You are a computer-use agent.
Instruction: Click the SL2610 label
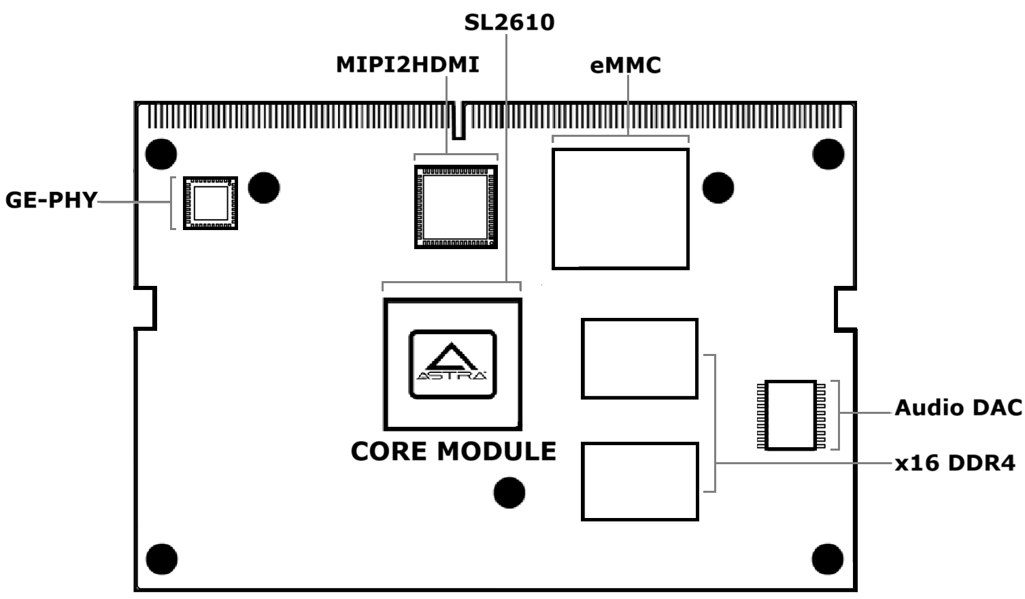tap(509, 22)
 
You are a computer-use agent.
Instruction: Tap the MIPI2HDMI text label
tap(407, 65)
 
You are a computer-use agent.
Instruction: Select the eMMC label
tap(625, 65)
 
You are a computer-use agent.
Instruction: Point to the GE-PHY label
tap(51, 200)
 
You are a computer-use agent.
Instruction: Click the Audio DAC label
tap(958, 408)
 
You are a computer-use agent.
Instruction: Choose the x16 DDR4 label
tap(954, 464)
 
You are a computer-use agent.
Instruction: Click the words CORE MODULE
tap(453, 451)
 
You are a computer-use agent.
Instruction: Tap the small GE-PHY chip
tap(211, 203)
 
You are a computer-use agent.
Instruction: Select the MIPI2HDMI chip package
tap(456, 207)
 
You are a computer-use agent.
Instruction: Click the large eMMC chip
tap(620, 209)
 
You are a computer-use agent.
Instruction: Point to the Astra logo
tap(452, 364)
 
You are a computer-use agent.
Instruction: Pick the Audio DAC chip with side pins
tap(791, 415)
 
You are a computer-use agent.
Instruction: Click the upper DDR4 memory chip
tap(639, 359)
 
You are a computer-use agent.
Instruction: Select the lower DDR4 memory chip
tap(639, 482)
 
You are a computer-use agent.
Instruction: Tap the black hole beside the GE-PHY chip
tap(264, 187)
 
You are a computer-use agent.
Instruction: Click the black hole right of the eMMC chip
tap(718, 187)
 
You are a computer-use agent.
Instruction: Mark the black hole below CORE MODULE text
tap(509, 492)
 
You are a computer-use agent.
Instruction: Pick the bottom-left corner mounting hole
tap(161, 560)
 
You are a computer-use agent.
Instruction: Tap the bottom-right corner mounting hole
tap(827, 560)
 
